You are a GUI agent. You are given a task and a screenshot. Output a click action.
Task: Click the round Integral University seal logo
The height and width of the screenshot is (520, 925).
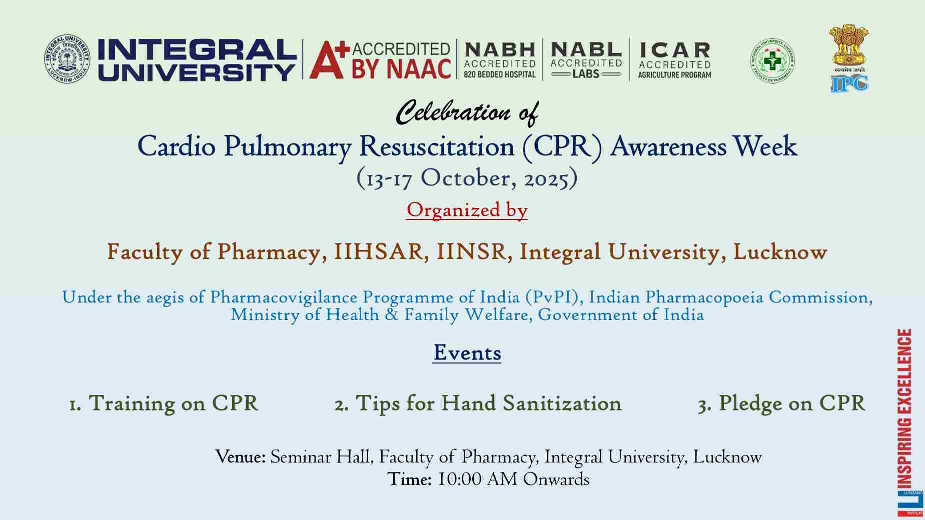67,59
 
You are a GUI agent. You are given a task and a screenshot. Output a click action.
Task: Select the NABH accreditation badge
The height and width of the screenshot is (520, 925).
500,60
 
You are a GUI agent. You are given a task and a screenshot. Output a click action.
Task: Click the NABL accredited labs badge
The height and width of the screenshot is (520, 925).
586,59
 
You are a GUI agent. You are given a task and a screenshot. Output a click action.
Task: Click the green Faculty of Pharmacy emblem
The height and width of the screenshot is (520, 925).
772,60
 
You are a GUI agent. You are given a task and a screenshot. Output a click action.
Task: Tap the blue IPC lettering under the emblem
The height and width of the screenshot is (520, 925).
849,83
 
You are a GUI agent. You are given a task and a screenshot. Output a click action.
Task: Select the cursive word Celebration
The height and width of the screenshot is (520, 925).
453,112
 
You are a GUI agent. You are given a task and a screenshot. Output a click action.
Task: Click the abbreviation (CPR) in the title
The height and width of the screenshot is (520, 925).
562,147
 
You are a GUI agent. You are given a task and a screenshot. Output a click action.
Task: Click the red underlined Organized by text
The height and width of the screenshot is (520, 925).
467,210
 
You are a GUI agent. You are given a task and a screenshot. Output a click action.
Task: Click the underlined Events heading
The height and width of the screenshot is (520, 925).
467,353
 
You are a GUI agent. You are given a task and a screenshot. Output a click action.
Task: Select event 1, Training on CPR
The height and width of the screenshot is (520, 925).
164,403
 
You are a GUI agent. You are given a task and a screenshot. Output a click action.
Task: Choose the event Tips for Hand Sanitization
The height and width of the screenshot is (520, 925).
478,403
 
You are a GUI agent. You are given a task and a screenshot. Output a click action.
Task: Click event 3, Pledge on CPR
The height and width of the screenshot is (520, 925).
781,403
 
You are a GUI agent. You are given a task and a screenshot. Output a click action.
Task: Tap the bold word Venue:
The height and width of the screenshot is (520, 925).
240,457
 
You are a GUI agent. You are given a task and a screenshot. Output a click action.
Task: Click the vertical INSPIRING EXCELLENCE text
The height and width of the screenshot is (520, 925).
904,408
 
